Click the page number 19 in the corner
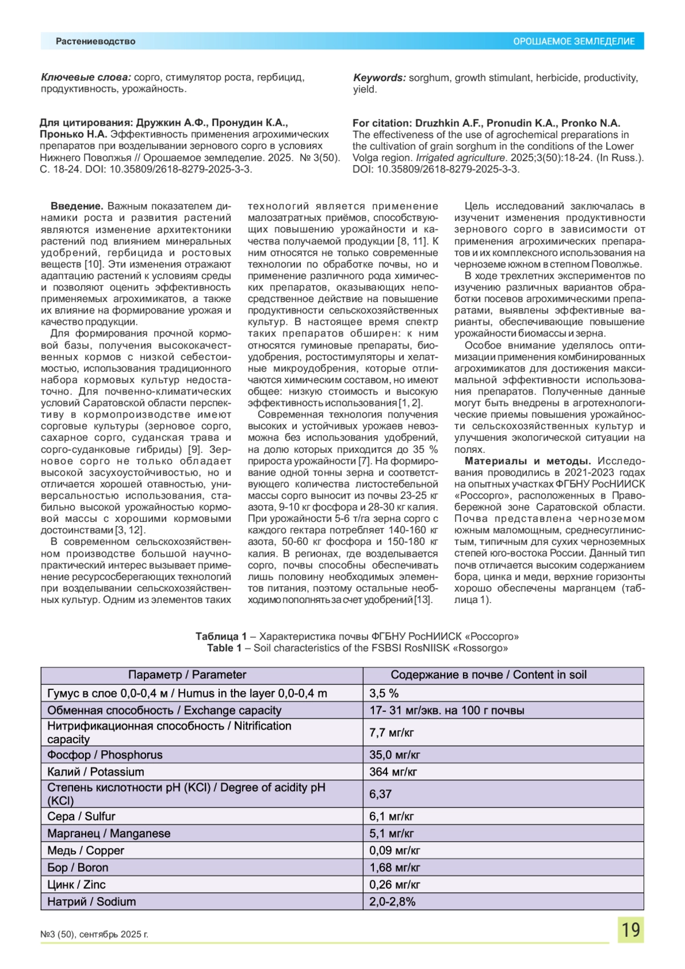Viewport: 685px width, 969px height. (x=630, y=930)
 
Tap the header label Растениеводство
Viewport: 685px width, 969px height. (x=95, y=42)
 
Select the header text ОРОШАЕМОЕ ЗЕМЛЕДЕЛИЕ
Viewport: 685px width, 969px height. (x=574, y=42)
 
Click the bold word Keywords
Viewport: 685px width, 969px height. (x=379, y=78)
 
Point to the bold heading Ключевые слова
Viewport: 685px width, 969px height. (x=86, y=78)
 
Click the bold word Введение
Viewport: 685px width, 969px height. (x=76, y=206)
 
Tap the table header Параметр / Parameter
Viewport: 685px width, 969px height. (x=187, y=675)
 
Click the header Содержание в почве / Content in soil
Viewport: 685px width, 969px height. (x=488, y=675)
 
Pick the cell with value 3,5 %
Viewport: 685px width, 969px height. (x=384, y=693)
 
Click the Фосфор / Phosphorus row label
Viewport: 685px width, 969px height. (x=105, y=755)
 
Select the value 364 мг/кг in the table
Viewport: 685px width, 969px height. (x=393, y=772)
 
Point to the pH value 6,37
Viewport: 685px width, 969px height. (x=380, y=794)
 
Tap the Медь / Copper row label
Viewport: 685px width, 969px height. (x=86, y=851)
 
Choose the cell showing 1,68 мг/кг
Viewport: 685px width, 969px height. (x=394, y=868)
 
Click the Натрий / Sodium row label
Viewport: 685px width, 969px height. (x=91, y=902)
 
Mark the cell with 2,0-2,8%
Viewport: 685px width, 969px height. (x=392, y=902)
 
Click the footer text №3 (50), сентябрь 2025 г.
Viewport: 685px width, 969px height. (x=94, y=934)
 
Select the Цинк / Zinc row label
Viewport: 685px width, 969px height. (x=76, y=885)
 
